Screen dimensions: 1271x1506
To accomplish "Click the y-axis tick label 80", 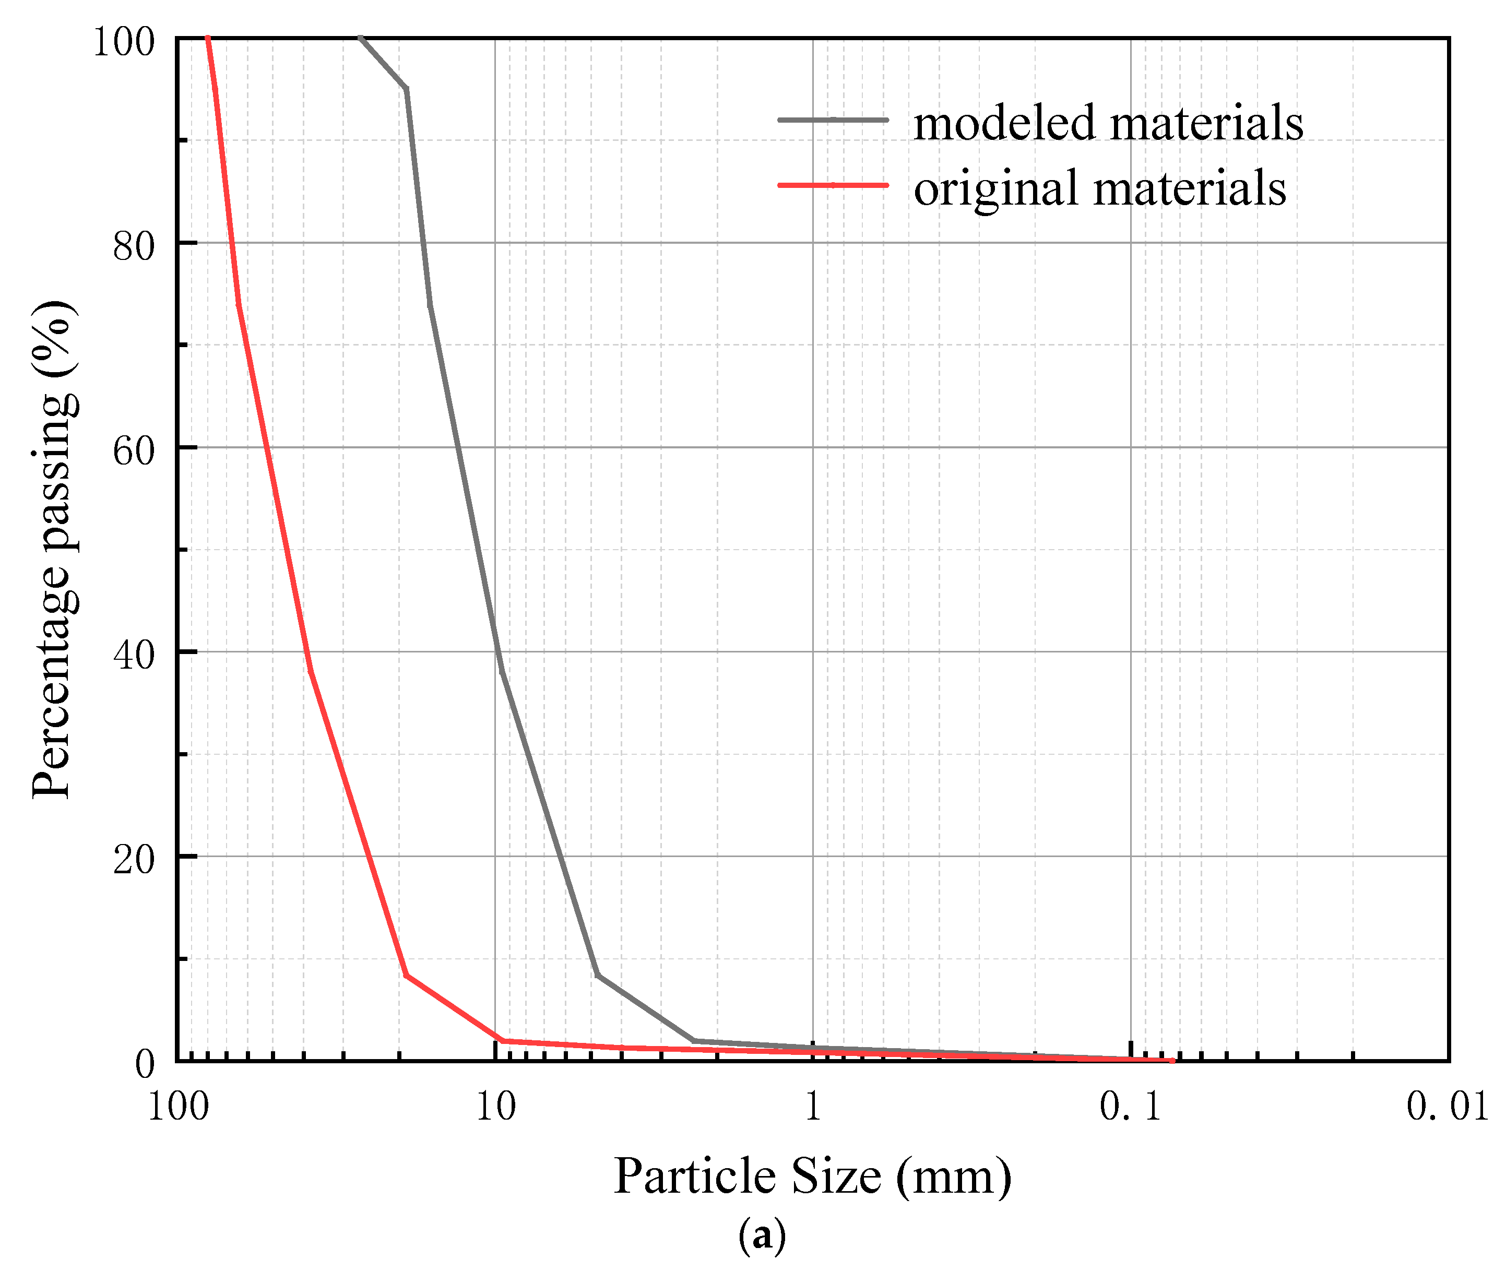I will point(134,246).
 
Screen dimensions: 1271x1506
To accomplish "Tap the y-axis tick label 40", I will point(134,656).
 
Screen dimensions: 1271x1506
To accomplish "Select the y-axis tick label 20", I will point(134,860).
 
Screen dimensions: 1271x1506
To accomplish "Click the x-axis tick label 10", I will point(496,1106).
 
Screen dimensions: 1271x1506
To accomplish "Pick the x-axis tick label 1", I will point(813,1106).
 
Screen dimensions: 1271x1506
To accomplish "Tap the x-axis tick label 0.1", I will point(1130,1106).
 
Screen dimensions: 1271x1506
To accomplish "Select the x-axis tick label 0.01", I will point(1447,1106).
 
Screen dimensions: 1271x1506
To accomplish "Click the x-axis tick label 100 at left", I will point(178,1106).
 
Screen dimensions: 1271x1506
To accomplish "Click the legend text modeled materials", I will point(1108,123).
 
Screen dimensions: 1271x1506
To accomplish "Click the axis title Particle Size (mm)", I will point(812,1176).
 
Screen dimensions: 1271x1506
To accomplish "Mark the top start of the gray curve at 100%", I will point(360,38).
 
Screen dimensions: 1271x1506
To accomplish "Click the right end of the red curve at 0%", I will point(1172,1061).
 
